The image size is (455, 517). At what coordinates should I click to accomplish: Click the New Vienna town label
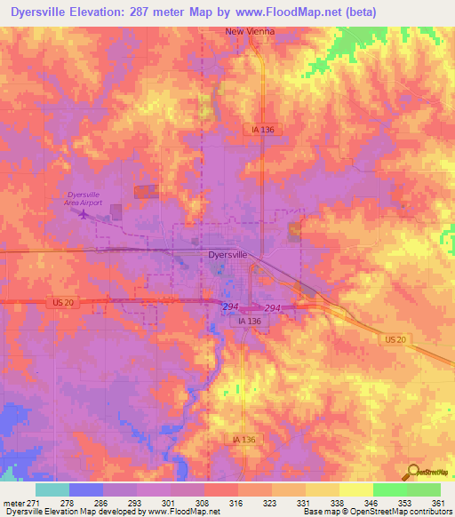point(250,31)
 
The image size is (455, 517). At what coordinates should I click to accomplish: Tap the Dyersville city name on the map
point(227,254)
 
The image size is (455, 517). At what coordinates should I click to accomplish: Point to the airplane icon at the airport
point(84,213)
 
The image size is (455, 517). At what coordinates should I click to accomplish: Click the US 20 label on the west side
point(60,302)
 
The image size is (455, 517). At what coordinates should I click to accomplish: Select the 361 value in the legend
point(437,503)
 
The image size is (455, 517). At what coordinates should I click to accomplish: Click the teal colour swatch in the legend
point(52,489)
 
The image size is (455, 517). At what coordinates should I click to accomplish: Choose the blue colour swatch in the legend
point(86,489)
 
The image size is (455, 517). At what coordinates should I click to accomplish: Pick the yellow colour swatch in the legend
point(356,489)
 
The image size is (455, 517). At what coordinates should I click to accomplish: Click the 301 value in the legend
point(154,503)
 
